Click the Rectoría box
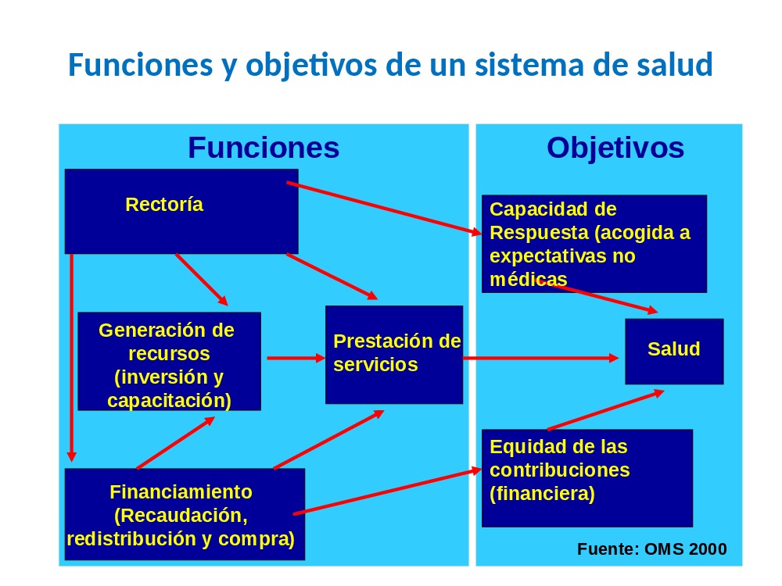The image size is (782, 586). [181, 211]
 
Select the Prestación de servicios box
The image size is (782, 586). [394, 354]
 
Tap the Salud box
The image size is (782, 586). [674, 352]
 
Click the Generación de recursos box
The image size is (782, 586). [170, 361]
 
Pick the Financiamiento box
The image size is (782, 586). [185, 514]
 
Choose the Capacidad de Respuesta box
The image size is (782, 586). [594, 244]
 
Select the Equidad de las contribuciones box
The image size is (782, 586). [587, 478]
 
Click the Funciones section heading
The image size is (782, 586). [264, 148]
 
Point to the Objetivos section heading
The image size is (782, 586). [615, 148]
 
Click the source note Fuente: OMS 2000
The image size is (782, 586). [652, 548]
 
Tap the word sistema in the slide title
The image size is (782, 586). [529, 65]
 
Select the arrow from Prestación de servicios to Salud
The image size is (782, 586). [540, 358]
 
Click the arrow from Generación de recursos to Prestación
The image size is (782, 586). [296, 358]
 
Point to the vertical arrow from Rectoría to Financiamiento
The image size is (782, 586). [72, 358]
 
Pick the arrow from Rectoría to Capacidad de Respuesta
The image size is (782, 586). [384, 209]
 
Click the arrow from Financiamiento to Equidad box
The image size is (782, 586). [388, 491]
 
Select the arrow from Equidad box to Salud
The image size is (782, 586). [606, 410]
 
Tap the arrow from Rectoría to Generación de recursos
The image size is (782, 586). [202, 280]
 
